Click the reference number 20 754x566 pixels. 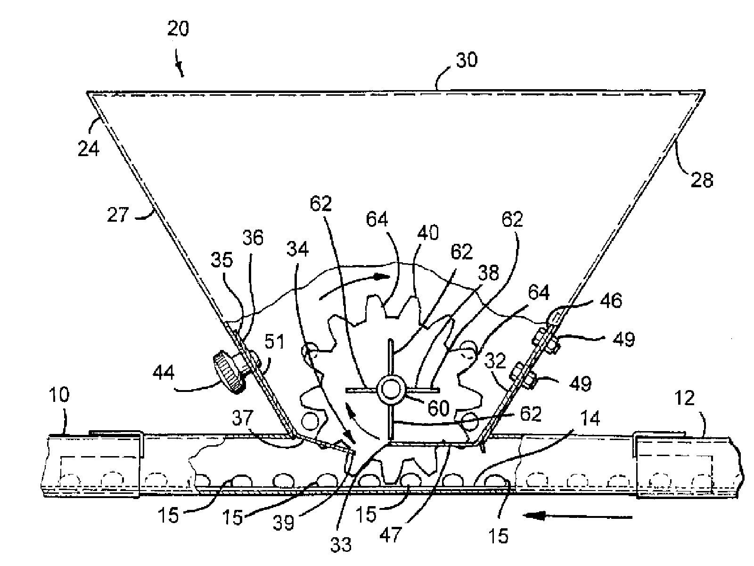(x=178, y=29)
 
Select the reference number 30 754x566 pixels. (x=466, y=60)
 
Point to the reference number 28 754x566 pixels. (x=702, y=180)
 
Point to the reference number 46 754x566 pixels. (x=611, y=300)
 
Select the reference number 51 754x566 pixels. (x=274, y=342)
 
